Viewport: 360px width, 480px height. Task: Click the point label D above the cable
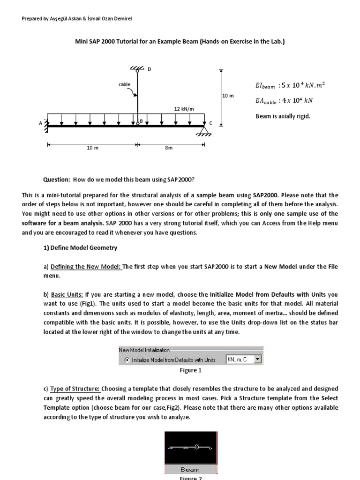tap(150, 69)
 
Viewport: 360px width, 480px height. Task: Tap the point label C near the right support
tap(210, 123)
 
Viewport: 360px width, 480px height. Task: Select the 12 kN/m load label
tap(184, 109)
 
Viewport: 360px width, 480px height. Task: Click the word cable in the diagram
tap(124, 84)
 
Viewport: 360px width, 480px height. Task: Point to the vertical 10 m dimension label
tap(228, 95)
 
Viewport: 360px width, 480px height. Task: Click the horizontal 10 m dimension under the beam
tap(93, 148)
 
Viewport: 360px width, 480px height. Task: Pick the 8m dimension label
tap(169, 148)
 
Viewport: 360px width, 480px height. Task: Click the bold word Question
tap(56, 180)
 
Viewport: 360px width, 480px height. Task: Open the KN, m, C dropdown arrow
tap(257, 360)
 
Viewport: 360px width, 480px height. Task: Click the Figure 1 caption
tap(190, 370)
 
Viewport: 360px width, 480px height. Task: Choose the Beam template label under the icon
tap(190, 469)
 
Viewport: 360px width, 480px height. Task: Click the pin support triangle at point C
tap(204, 130)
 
